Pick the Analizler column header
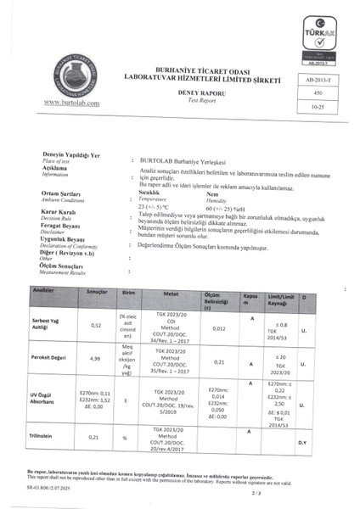[43, 291]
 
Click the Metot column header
[170, 291]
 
